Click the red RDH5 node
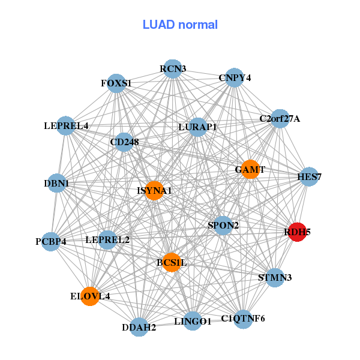click(298, 232)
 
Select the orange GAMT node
click(250, 169)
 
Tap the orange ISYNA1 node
click(154, 190)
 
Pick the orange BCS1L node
click(172, 262)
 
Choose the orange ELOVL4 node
click(90, 296)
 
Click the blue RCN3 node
click(173, 68)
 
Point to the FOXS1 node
click(116, 83)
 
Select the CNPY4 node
click(234, 77)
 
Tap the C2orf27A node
click(280, 119)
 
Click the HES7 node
click(309, 176)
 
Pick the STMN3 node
click(275, 278)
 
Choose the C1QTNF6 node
click(243, 319)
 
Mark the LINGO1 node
click(193, 321)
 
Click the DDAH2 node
click(139, 327)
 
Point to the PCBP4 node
click(51, 242)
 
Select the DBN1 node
click(57, 183)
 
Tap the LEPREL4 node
click(65, 125)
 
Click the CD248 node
click(124, 142)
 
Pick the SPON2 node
click(223, 225)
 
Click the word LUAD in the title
click(159, 25)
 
